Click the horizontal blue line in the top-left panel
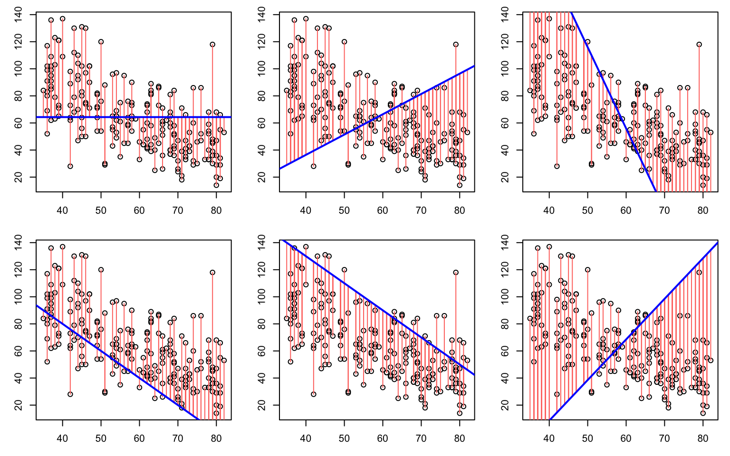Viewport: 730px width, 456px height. pyautogui.click(x=134, y=117)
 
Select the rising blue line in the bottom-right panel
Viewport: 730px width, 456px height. pyautogui.click(x=634, y=331)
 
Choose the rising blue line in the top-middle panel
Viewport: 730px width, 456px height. pyautogui.click(x=377, y=117)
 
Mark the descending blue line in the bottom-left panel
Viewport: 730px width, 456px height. pyautogui.click(x=117, y=362)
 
